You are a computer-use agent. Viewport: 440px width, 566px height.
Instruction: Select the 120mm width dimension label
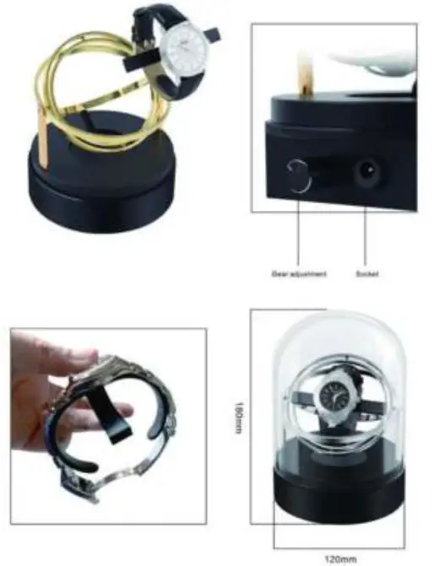[x=336, y=558]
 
